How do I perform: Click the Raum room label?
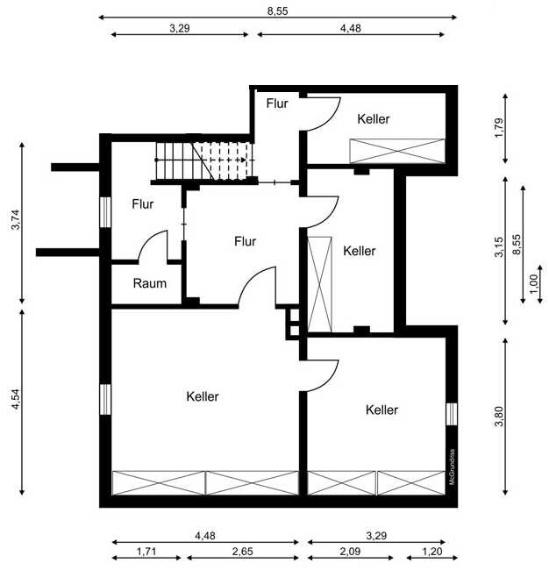(149, 283)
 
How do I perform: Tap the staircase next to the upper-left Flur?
(203, 161)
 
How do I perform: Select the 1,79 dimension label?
(498, 128)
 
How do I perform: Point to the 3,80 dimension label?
(499, 413)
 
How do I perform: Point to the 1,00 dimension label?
(533, 283)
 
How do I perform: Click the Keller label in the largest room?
(203, 396)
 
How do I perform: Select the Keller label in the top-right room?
(374, 118)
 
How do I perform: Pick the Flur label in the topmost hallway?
(277, 103)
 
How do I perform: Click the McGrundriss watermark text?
(453, 467)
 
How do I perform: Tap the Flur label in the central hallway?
(245, 241)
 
